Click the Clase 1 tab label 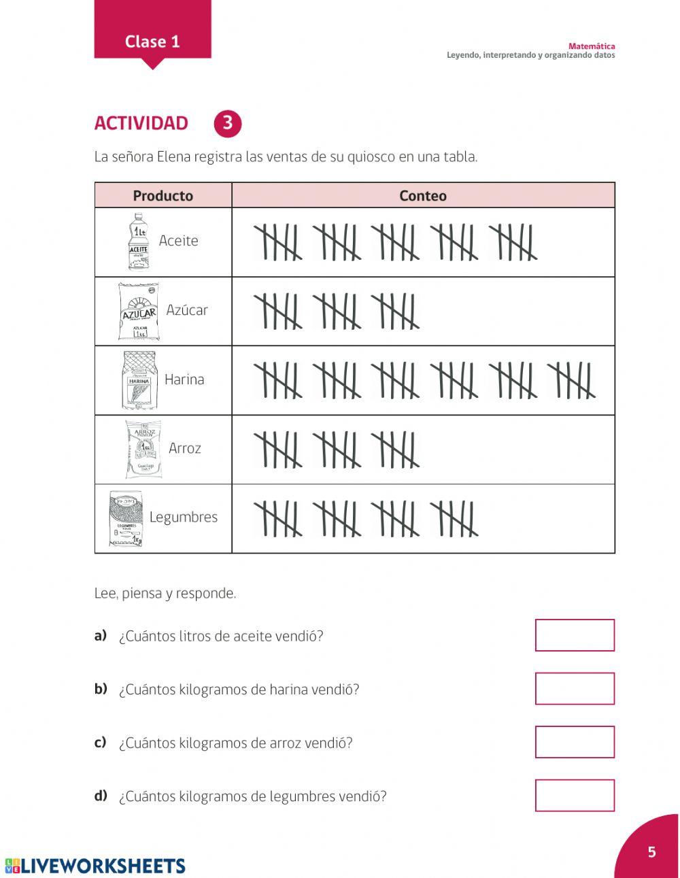pyautogui.click(x=152, y=41)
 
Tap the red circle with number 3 pyautogui.click(x=227, y=123)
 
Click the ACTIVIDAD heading pyautogui.click(x=141, y=123)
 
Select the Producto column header pyautogui.click(x=163, y=196)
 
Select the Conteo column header pyautogui.click(x=422, y=196)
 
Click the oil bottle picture pyautogui.click(x=138, y=241)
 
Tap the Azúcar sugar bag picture pyautogui.click(x=138, y=312)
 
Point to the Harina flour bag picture pyautogui.click(x=139, y=380)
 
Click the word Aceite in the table pyautogui.click(x=178, y=241)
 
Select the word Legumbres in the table pyautogui.click(x=183, y=517)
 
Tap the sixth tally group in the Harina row pyautogui.click(x=572, y=380)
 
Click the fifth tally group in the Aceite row pyautogui.click(x=513, y=241)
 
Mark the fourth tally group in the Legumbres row pyautogui.click(x=455, y=518)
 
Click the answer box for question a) pyautogui.click(x=575, y=635)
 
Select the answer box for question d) pyautogui.click(x=575, y=795)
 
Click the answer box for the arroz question pyautogui.click(x=575, y=742)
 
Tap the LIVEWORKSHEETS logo pyautogui.click(x=95, y=865)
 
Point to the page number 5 pyautogui.click(x=651, y=852)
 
